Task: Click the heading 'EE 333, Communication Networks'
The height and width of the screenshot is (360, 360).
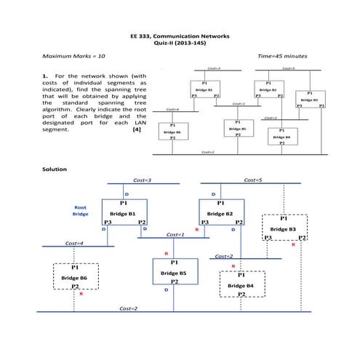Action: coord(180,36)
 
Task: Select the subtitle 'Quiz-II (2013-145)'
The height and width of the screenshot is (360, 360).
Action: coord(180,44)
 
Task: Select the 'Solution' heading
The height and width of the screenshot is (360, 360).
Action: coord(55,169)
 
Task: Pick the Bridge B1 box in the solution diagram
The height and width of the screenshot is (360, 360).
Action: coord(124,213)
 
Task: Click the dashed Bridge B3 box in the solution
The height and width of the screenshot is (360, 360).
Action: coord(285,228)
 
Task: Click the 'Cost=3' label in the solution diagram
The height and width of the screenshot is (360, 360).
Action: coord(143,179)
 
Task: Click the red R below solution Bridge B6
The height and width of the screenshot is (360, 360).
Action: coord(81,295)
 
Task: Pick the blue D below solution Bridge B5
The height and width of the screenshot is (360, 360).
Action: coord(166,289)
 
